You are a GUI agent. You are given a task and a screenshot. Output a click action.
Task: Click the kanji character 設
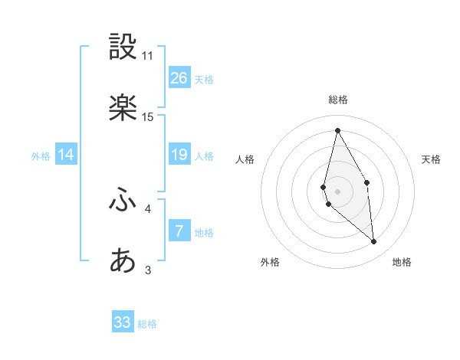pyautogui.click(x=123, y=47)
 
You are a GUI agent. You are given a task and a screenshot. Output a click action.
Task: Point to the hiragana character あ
pyautogui.click(x=123, y=260)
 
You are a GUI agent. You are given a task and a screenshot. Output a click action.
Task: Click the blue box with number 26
pyautogui.click(x=179, y=78)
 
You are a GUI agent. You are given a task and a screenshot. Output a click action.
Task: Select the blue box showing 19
pyautogui.click(x=179, y=155)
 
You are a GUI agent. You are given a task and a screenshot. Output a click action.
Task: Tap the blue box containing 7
pyautogui.click(x=179, y=231)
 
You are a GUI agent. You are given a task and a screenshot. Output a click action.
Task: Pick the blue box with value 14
pyautogui.click(x=66, y=155)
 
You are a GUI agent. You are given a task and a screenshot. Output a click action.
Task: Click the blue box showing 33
pyautogui.click(x=123, y=322)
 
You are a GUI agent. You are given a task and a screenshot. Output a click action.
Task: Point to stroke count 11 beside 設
pyautogui.click(x=148, y=56)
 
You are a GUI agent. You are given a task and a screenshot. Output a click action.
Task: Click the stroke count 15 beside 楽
pyautogui.click(x=148, y=117)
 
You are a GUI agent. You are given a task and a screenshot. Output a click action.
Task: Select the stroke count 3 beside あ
pyautogui.click(x=148, y=270)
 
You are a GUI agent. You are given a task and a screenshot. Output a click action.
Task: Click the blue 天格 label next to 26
pyautogui.click(x=204, y=80)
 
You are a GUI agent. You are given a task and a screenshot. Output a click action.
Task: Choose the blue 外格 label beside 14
pyautogui.click(x=41, y=156)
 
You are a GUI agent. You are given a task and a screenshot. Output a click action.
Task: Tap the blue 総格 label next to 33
pyautogui.click(x=147, y=324)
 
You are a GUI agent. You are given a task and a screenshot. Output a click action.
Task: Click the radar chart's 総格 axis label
pyautogui.click(x=338, y=100)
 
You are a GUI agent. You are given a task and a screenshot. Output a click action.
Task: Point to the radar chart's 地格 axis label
pyautogui.click(x=402, y=262)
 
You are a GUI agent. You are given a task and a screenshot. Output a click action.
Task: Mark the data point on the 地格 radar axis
pyautogui.click(x=373, y=242)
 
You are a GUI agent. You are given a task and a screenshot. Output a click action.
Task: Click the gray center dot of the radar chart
pyautogui.click(x=338, y=191)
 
